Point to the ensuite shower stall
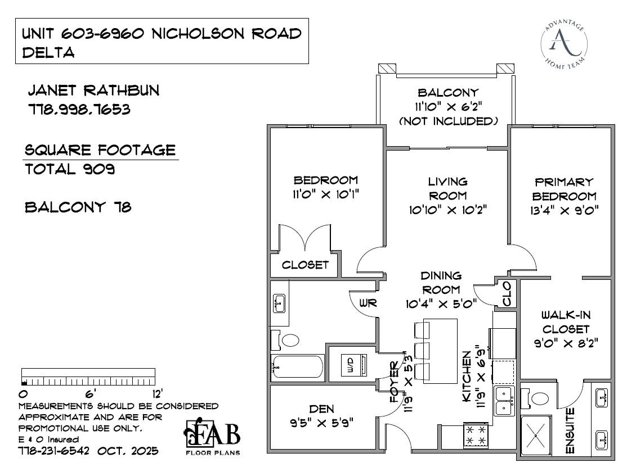[537, 436]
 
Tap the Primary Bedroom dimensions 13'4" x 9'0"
[563, 211]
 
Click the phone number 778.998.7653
[79, 109]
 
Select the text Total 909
[70, 169]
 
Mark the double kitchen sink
[504, 400]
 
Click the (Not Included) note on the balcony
[448, 121]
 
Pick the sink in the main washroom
[279, 303]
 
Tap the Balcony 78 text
[78, 207]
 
